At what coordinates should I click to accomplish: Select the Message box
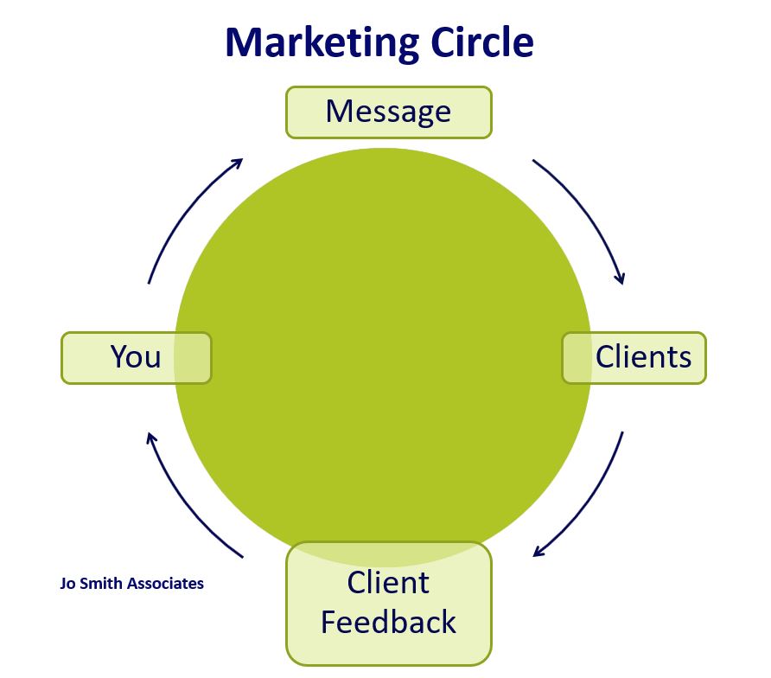(x=388, y=112)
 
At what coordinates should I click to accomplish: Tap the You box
(x=136, y=357)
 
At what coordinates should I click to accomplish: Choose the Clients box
(x=635, y=357)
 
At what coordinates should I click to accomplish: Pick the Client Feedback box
(x=388, y=603)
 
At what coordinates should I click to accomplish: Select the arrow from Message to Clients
(x=589, y=211)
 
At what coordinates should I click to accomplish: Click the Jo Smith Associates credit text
(x=132, y=584)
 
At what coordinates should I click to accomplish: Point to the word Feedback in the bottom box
(x=388, y=622)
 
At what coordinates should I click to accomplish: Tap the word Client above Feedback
(x=388, y=583)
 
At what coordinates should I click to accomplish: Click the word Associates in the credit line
(x=165, y=584)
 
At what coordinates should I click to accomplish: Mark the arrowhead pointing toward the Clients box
(x=619, y=278)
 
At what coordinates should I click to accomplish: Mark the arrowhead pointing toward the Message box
(x=236, y=162)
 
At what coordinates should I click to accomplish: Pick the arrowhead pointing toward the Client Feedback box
(x=540, y=552)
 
